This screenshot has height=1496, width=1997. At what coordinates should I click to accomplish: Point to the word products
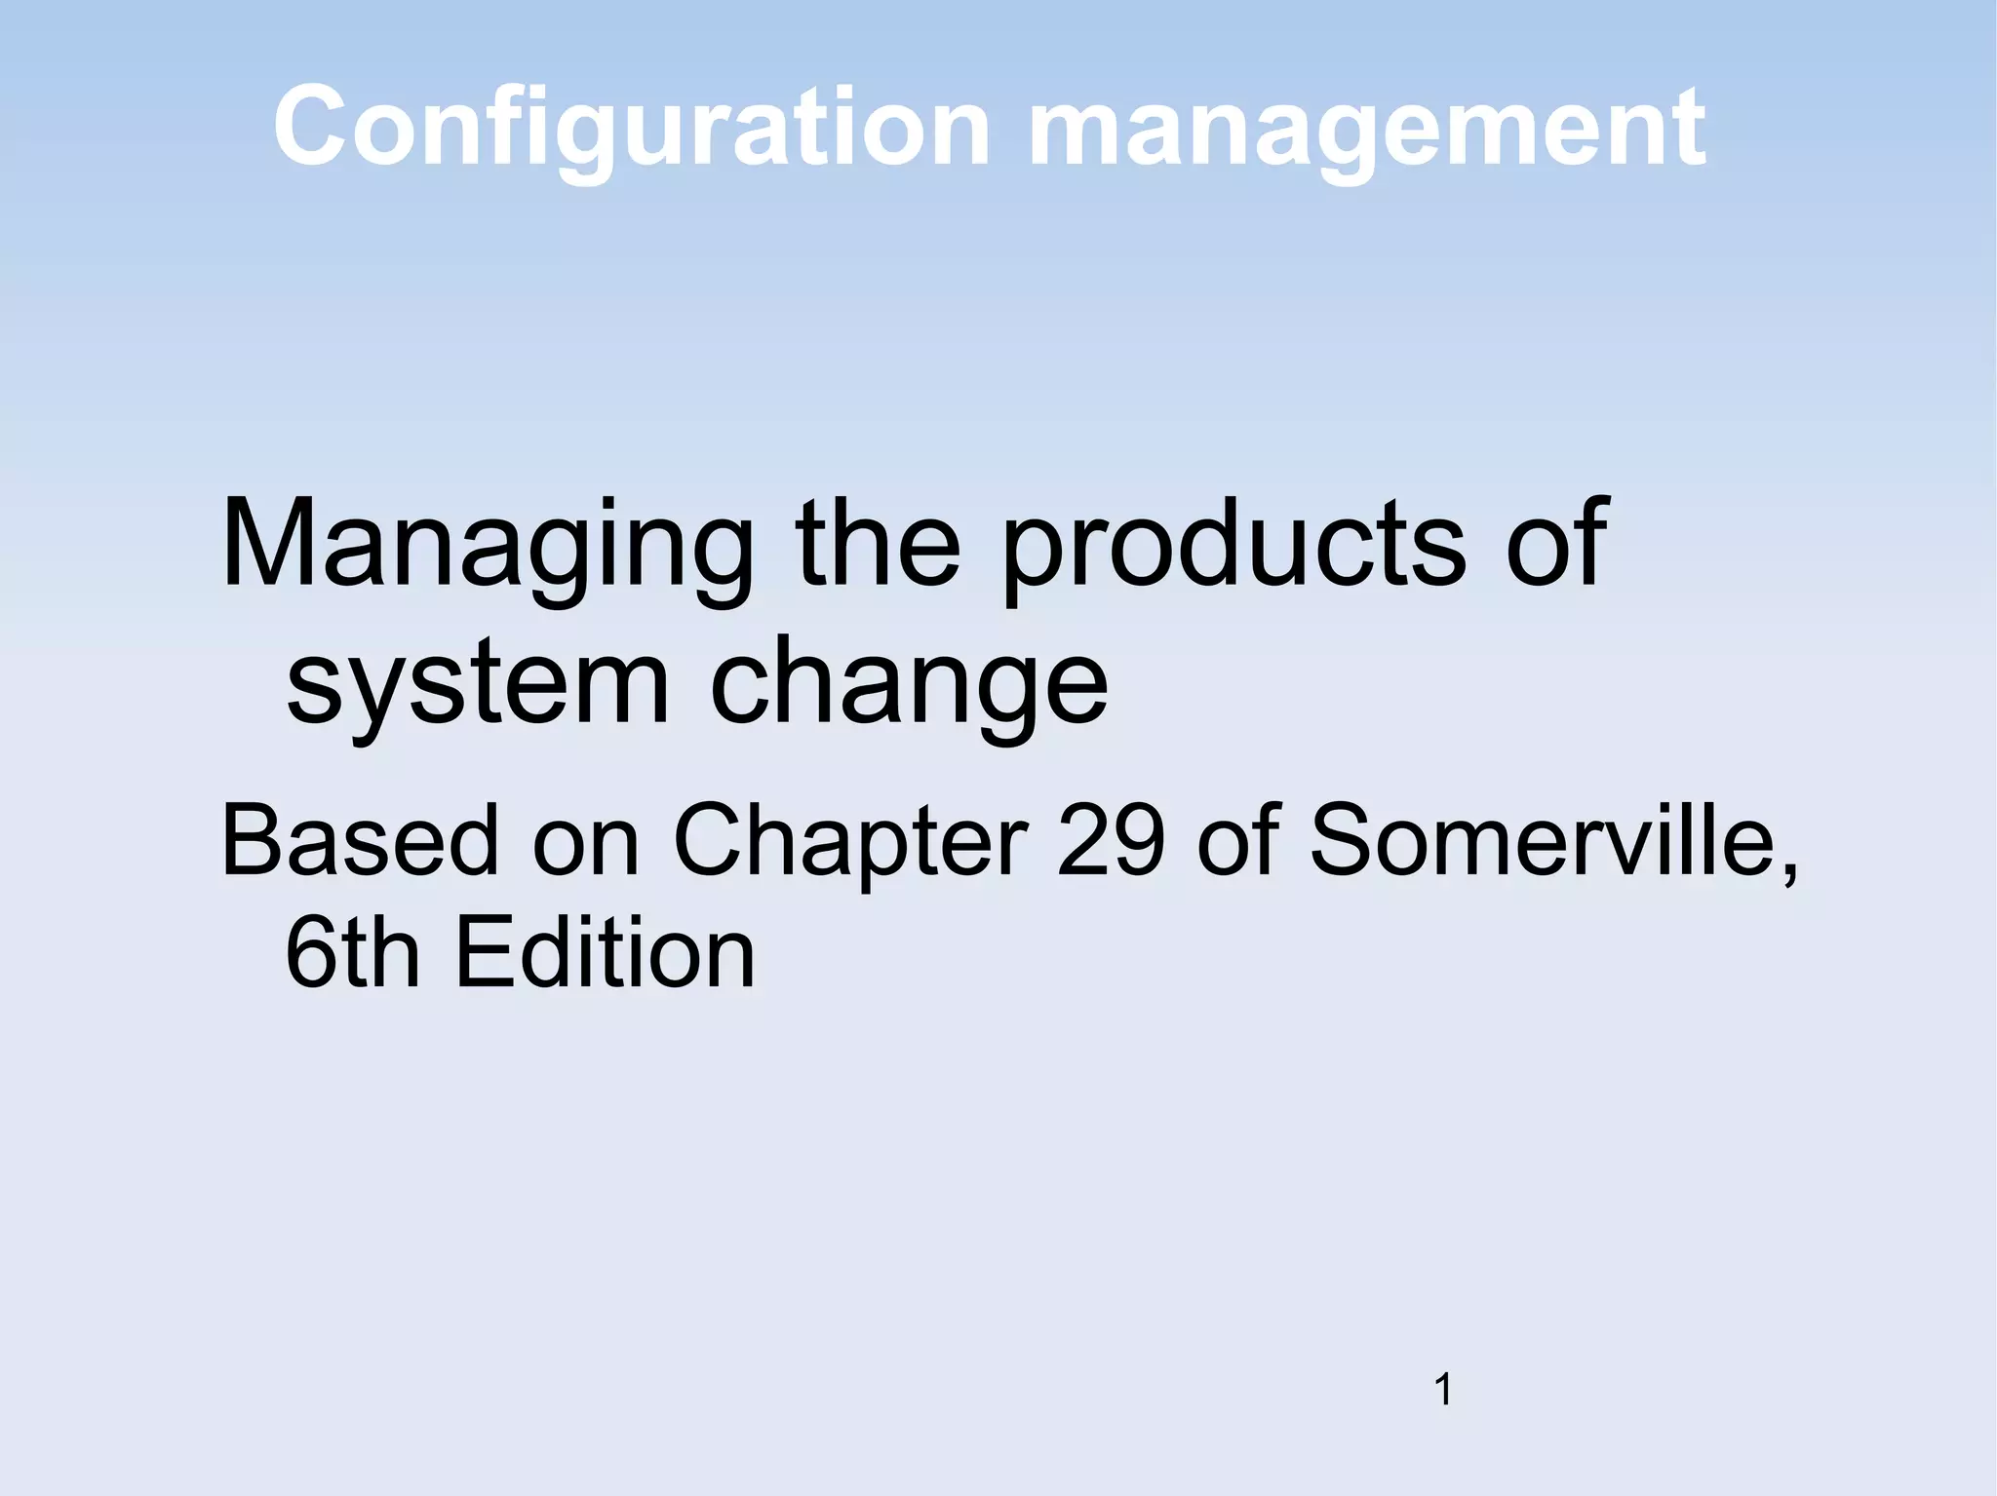pyautogui.click(x=1233, y=546)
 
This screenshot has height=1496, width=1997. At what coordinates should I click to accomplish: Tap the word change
pyautogui.click(x=909, y=687)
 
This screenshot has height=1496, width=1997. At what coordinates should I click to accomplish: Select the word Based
pyautogui.click(x=360, y=840)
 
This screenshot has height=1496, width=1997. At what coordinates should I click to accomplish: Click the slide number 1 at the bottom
pyautogui.click(x=1444, y=1389)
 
